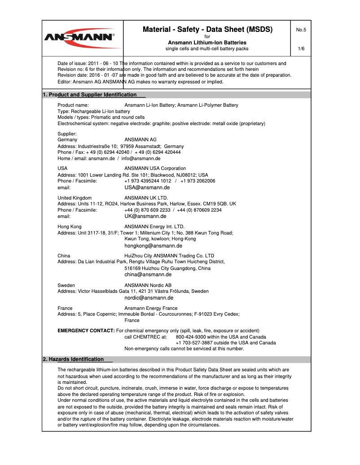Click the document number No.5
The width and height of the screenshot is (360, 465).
click(301, 30)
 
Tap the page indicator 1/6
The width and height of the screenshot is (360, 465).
click(301, 48)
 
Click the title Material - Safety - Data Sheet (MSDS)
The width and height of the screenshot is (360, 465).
click(207, 30)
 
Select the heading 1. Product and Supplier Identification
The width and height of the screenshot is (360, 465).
click(89, 95)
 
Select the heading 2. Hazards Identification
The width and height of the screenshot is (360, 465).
click(73, 359)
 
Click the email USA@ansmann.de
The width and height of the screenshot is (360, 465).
click(147, 188)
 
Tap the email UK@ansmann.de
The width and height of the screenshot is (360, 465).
click(145, 216)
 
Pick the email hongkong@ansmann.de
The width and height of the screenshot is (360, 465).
click(153, 246)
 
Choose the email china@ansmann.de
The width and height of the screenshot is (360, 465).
click(148, 274)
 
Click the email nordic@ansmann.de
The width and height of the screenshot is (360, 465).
click(149, 298)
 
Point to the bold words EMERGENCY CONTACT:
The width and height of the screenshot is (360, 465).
click(86, 330)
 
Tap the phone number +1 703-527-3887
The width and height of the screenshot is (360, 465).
click(196, 343)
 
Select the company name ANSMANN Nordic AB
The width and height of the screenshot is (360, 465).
click(148, 285)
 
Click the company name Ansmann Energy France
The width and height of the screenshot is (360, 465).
click(150, 308)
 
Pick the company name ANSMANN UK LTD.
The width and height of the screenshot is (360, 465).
click(146, 198)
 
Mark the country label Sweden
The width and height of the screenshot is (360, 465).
click(66, 285)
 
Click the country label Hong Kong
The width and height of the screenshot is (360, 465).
click(69, 226)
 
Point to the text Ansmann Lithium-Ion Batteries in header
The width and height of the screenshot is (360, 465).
click(207, 43)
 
